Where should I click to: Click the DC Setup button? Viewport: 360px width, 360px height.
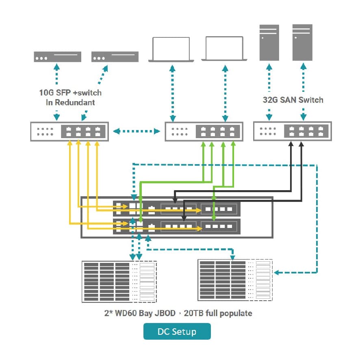pyautogui.click(x=177, y=331)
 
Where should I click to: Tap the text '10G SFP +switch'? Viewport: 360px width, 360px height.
pyautogui.click(x=70, y=93)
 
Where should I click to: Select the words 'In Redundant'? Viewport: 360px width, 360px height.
pyautogui.click(x=70, y=102)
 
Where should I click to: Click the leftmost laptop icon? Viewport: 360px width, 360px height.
pyautogui.click(x=171, y=50)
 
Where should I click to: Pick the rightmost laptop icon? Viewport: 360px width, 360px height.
pyautogui.click(x=224, y=50)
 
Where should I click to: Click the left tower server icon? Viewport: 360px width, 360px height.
pyautogui.click(x=269, y=43)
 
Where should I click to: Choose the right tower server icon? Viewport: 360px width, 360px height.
pyautogui.click(x=303, y=43)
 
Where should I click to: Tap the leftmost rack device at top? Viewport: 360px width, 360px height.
pyautogui.click(x=57, y=57)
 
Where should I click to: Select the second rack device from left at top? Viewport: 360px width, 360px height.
pyautogui.click(x=115, y=57)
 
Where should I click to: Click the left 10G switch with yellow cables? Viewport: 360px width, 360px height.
pyautogui.click(x=69, y=131)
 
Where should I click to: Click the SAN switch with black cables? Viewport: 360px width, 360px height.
pyautogui.click(x=292, y=131)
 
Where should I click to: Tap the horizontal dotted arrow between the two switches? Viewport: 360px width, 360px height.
pyautogui.click(x=137, y=131)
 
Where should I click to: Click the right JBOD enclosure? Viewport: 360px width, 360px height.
pyautogui.click(x=235, y=280)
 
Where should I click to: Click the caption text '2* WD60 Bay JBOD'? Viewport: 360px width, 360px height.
pyautogui.click(x=140, y=313)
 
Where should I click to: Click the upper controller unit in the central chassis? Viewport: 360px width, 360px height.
pyautogui.click(x=176, y=209)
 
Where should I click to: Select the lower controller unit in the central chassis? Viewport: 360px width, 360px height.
pyautogui.click(x=176, y=226)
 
